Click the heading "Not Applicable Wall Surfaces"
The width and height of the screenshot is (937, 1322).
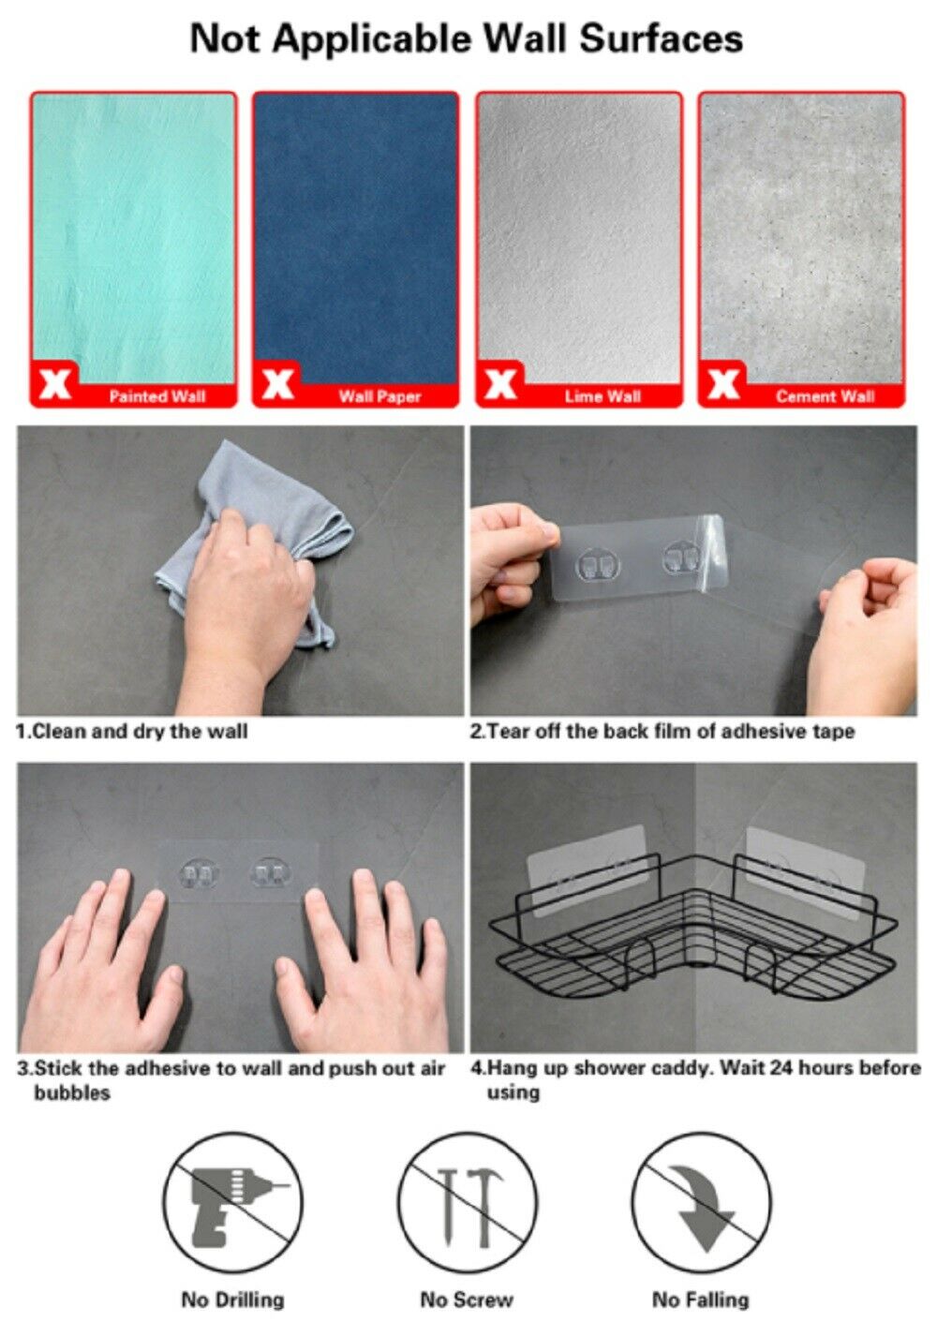tap(466, 39)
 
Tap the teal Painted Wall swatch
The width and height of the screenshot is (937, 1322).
tap(133, 236)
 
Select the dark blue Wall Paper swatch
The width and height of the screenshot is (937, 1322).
tap(356, 236)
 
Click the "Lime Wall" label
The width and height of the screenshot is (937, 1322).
tap(602, 396)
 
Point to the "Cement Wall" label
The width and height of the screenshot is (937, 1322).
tap(825, 396)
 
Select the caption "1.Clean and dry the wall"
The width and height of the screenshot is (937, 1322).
tap(131, 732)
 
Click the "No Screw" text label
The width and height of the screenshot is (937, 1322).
tap(466, 1299)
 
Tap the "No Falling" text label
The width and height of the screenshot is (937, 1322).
tap(700, 1299)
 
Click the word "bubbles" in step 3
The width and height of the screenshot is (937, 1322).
tap(72, 1092)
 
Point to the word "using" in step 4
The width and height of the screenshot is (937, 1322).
tap(513, 1092)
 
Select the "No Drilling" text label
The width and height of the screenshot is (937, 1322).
tap(232, 1299)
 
